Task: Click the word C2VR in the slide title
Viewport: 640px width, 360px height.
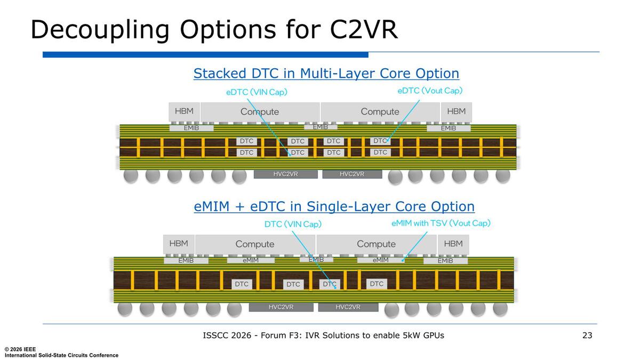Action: click(363, 29)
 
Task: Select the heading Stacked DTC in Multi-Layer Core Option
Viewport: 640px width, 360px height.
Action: click(326, 74)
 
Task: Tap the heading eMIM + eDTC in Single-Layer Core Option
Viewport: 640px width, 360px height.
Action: click(334, 206)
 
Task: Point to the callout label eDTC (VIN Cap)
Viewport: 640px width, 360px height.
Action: click(257, 92)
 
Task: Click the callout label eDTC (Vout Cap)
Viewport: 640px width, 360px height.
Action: click(430, 91)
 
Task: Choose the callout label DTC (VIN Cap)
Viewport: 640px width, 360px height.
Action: click(293, 224)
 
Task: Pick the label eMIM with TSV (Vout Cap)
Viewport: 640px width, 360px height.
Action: click(441, 223)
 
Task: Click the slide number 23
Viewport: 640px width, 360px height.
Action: click(587, 335)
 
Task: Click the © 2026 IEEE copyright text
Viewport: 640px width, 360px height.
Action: click(20, 349)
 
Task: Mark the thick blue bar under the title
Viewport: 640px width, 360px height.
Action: click(205, 54)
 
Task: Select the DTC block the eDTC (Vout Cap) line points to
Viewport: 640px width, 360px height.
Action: click(380, 141)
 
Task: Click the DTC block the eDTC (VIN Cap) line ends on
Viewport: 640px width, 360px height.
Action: click(298, 153)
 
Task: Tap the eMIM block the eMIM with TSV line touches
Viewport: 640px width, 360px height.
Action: click(381, 260)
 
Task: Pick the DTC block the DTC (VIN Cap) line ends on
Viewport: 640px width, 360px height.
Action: click(330, 284)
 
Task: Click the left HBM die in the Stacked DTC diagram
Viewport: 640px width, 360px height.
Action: click(184, 111)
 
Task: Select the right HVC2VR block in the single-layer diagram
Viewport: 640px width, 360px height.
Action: click(348, 307)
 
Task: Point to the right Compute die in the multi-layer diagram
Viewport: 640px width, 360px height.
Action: click(380, 111)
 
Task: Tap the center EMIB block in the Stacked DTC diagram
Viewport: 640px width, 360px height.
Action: click(321, 127)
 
